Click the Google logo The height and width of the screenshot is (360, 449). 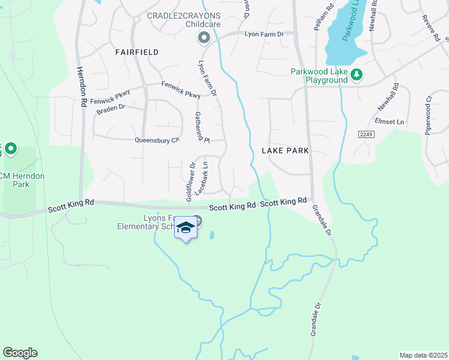[x=20, y=353]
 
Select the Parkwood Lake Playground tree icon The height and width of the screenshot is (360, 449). [x=357, y=75]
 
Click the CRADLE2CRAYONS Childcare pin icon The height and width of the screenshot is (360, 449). [x=203, y=38]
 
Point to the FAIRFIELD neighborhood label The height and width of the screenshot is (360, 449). [x=137, y=52]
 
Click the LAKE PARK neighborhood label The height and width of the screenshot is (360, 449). [x=285, y=151]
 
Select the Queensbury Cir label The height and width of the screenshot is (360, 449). [x=158, y=140]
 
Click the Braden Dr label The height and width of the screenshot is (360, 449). [x=110, y=108]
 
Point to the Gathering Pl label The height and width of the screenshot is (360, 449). [x=201, y=127]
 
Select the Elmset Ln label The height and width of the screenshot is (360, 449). [x=390, y=122]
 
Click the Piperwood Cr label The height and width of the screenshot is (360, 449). [x=429, y=115]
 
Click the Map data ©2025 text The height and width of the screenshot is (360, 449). [x=423, y=355]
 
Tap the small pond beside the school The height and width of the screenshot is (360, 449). [x=211, y=236]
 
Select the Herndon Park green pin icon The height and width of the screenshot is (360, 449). [x=11, y=149]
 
